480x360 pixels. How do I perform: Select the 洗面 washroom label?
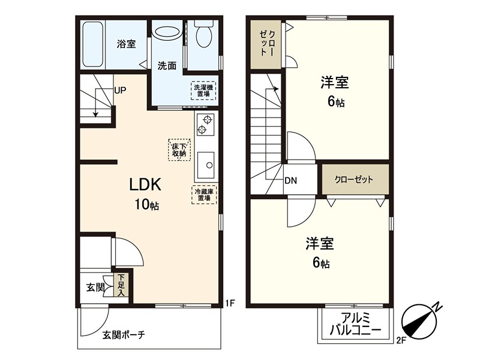pos(167,65)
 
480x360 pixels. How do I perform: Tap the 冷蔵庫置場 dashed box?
pos(204,194)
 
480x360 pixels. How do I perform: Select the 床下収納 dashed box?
pos(179,149)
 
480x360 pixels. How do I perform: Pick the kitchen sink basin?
pos(206,162)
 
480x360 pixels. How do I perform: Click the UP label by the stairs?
pos(120,91)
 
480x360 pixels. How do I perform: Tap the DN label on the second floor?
pos(291,180)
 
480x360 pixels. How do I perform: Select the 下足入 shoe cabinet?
pos(121,285)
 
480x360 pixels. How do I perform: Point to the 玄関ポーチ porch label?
pos(123,335)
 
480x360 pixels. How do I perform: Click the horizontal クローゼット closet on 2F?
pos(354,179)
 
